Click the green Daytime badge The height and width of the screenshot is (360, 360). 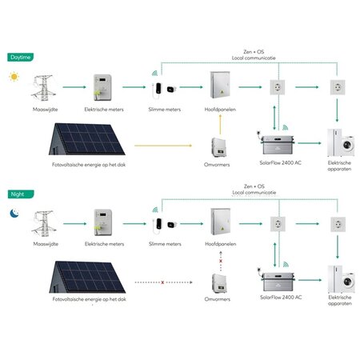(20, 58)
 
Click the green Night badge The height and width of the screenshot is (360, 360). (17, 194)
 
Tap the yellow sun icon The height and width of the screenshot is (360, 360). (14, 78)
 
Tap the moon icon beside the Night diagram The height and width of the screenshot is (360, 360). (14, 214)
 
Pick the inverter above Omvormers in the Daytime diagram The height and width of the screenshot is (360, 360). (218, 146)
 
